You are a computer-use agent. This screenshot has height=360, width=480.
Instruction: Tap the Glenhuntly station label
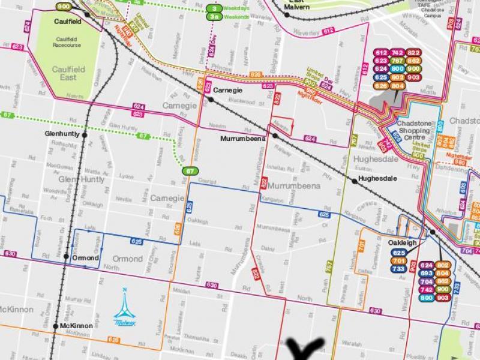62,134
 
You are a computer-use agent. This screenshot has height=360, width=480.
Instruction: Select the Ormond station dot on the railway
67,257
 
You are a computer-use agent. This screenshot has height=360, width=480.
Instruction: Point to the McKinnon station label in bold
76,326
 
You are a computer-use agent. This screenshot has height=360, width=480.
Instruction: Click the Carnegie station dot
211,100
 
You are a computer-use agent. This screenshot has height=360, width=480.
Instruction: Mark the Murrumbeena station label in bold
242,139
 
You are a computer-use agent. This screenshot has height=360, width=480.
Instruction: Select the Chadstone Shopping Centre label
417,131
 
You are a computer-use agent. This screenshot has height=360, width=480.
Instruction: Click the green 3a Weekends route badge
214,17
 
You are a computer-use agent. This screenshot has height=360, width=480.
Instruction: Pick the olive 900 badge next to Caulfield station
63,6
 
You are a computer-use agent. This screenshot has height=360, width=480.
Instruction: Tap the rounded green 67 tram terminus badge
190,172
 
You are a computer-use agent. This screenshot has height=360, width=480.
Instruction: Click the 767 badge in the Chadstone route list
397,61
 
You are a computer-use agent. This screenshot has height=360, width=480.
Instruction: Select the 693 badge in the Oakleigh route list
427,273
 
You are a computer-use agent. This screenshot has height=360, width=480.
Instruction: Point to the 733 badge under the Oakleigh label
398,269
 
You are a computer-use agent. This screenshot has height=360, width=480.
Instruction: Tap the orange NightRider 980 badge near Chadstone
460,161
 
